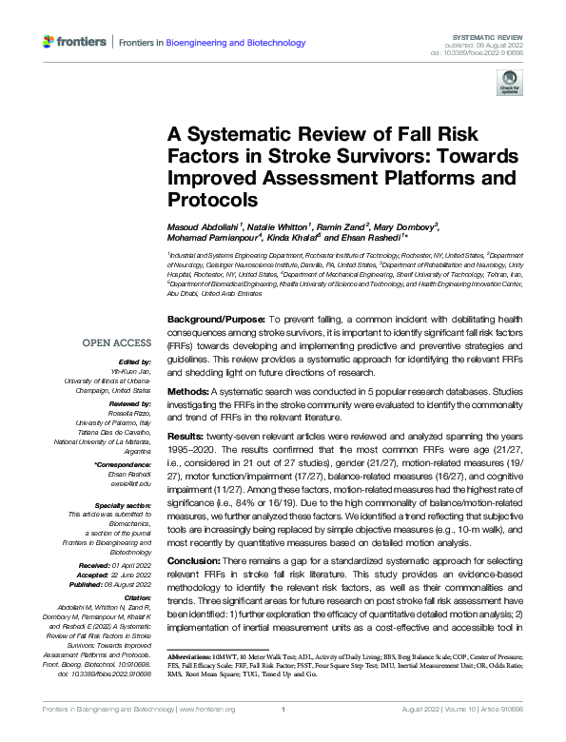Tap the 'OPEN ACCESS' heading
click(x=117, y=342)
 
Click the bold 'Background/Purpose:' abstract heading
click(x=214, y=317)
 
